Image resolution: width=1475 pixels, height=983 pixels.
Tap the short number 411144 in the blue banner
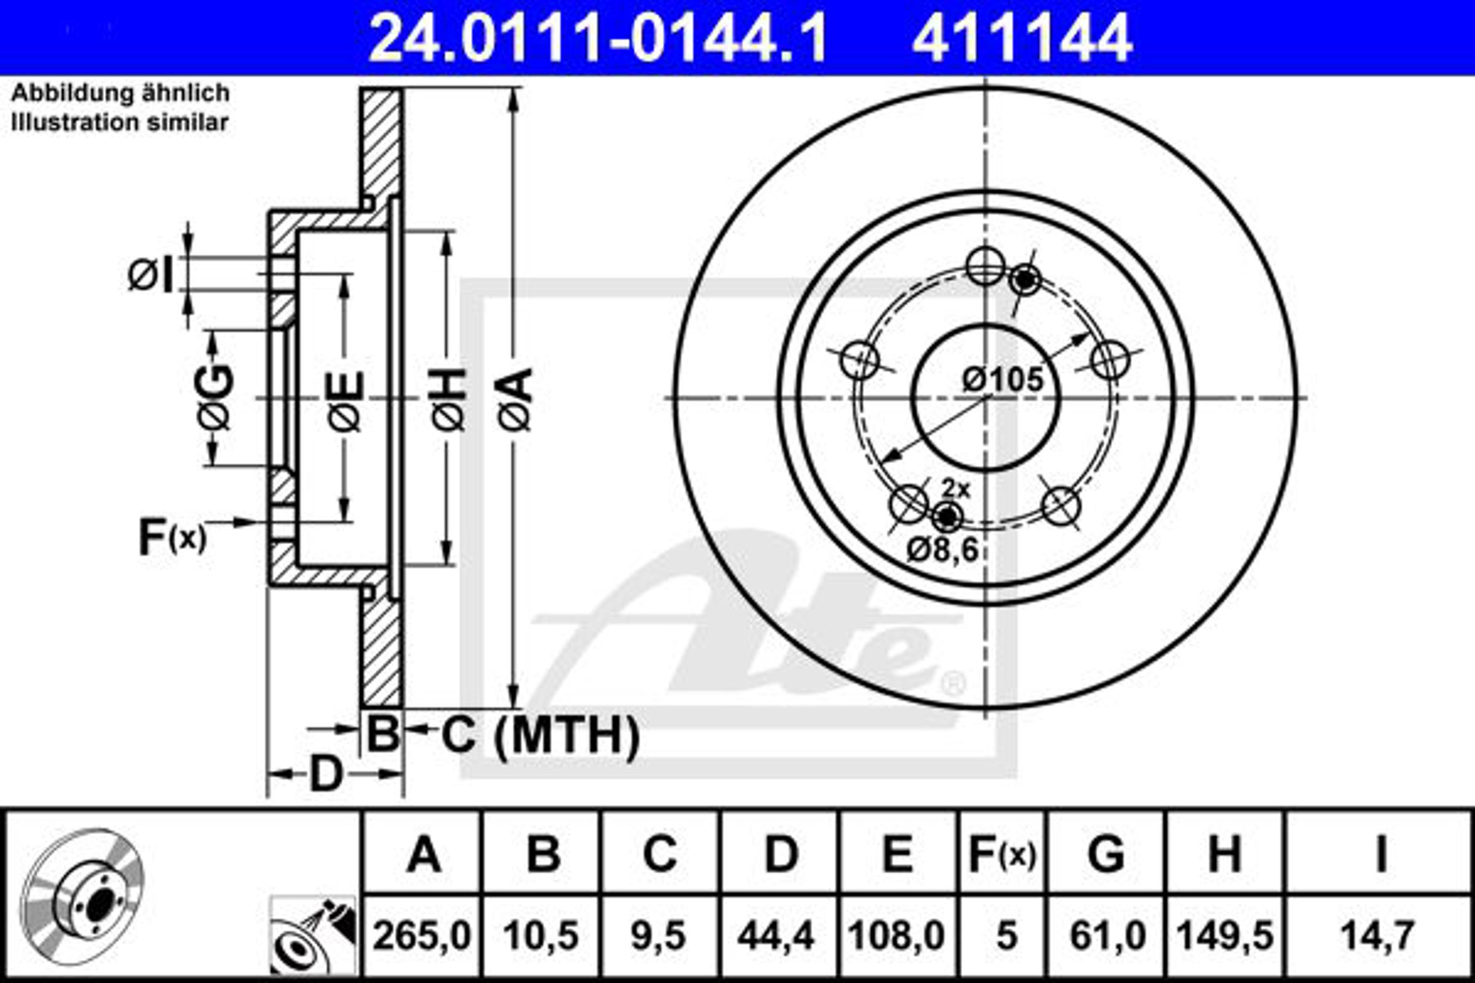tap(1022, 38)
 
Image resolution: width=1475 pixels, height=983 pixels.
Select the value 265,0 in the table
tap(422, 936)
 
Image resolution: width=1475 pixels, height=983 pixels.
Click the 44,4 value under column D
tap(776, 936)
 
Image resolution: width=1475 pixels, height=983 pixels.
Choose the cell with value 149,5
tap(1225, 936)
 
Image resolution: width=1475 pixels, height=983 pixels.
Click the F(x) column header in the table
tap(1002, 855)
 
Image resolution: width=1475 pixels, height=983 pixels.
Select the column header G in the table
tap(1106, 855)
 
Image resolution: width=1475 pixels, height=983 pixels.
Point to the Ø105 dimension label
tap(1003, 379)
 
